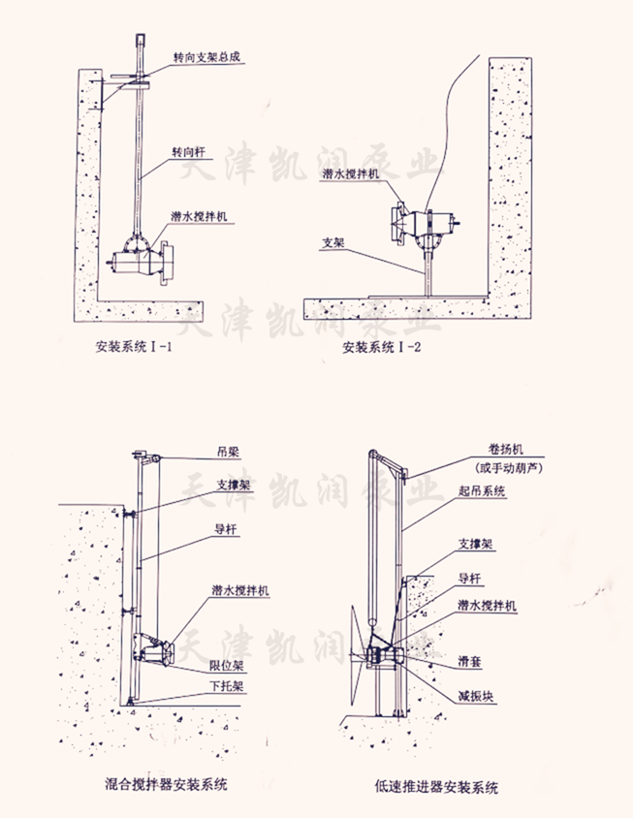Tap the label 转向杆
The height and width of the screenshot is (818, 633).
point(190,153)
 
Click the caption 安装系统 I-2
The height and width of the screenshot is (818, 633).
point(381,346)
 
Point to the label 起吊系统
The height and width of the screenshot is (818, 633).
point(481,491)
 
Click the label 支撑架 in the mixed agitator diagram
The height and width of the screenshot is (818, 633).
point(235,484)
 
